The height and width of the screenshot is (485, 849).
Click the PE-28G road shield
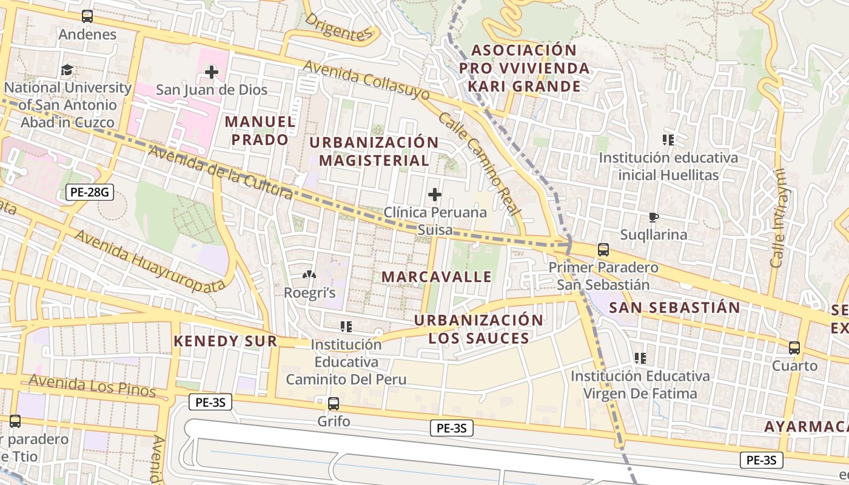(x=89, y=193)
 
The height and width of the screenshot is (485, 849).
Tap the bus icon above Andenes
(x=87, y=16)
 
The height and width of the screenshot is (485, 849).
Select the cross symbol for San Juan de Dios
(x=211, y=73)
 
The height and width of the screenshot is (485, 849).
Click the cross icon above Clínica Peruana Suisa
(x=435, y=195)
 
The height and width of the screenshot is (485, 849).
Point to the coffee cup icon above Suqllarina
(x=653, y=217)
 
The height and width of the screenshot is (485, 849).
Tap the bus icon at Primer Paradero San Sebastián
(x=603, y=249)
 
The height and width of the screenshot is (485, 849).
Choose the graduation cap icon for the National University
(x=67, y=70)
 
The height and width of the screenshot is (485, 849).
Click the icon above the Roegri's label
(x=309, y=275)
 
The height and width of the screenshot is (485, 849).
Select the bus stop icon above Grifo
(x=334, y=403)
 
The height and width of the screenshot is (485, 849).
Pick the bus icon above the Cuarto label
(x=794, y=348)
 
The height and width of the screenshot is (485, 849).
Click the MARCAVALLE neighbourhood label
(x=437, y=277)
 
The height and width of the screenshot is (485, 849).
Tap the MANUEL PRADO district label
(x=260, y=130)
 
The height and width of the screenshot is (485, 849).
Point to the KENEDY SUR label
(x=226, y=341)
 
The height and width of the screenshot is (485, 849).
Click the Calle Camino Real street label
(x=479, y=164)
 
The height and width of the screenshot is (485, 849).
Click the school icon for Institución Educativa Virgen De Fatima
(x=640, y=358)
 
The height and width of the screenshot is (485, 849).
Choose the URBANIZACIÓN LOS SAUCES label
(x=478, y=329)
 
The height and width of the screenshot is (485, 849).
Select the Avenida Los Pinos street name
(x=92, y=386)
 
